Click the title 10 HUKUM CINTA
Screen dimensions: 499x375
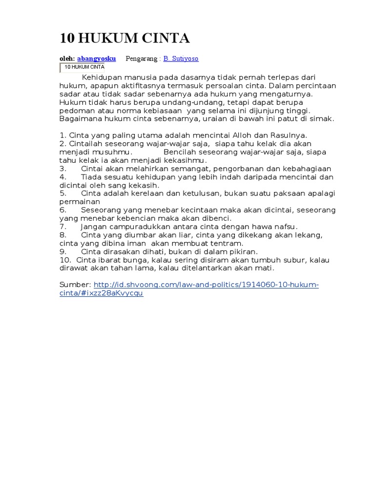point(125,38)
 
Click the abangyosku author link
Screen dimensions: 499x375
point(96,58)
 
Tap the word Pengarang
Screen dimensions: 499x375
point(142,58)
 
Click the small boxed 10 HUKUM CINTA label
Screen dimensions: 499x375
point(83,67)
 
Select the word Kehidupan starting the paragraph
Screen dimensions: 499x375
point(101,77)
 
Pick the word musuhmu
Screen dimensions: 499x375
point(111,152)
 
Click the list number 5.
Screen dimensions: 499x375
point(63,193)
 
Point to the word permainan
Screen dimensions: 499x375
point(80,202)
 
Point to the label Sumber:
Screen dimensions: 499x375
point(75,285)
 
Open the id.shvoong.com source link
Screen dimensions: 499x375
point(206,285)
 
